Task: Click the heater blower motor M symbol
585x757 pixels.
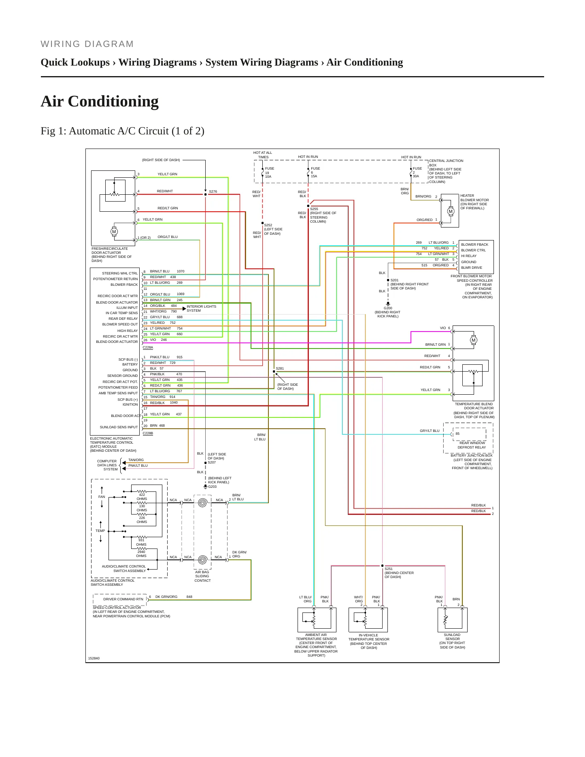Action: (x=451, y=211)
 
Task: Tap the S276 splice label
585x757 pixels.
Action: (x=213, y=191)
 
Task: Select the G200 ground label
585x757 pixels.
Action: (x=388, y=308)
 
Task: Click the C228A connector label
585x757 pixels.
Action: (x=148, y=347)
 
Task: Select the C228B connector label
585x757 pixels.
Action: (x=148, y=433)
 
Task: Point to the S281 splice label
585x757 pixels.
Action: (x=280, y=368)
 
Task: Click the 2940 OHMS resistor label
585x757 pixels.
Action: (x=141, y=554)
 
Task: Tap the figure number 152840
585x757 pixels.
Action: (x=94, y=658)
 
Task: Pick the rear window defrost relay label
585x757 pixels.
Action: (x=472, y=445)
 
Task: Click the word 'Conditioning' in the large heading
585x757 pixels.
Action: (x=113, y=101)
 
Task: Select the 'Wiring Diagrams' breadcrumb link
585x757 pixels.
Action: (x=157, y=62)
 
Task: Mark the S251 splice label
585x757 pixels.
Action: (x=389, y=569)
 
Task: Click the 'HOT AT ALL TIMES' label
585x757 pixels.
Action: (x=263, y=155)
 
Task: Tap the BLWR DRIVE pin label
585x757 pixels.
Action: (x=472, y=268)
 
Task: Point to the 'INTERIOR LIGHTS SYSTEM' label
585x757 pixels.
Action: (x=201, y=308)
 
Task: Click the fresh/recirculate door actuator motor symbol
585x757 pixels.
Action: (x=114, y=232)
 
